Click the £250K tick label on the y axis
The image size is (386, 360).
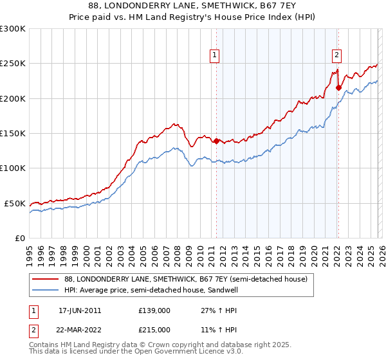[x=13, y=64]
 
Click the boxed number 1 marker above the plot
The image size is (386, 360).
[x=215, y=55]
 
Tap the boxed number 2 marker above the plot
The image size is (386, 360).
[x=336, y=55]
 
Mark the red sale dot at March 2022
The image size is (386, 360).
[x=338, y=88]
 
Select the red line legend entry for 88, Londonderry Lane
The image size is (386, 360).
[x=186, y=279]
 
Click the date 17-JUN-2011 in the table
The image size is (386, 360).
[x=80, y=310]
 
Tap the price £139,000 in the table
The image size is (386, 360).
[x=154, y=310]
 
